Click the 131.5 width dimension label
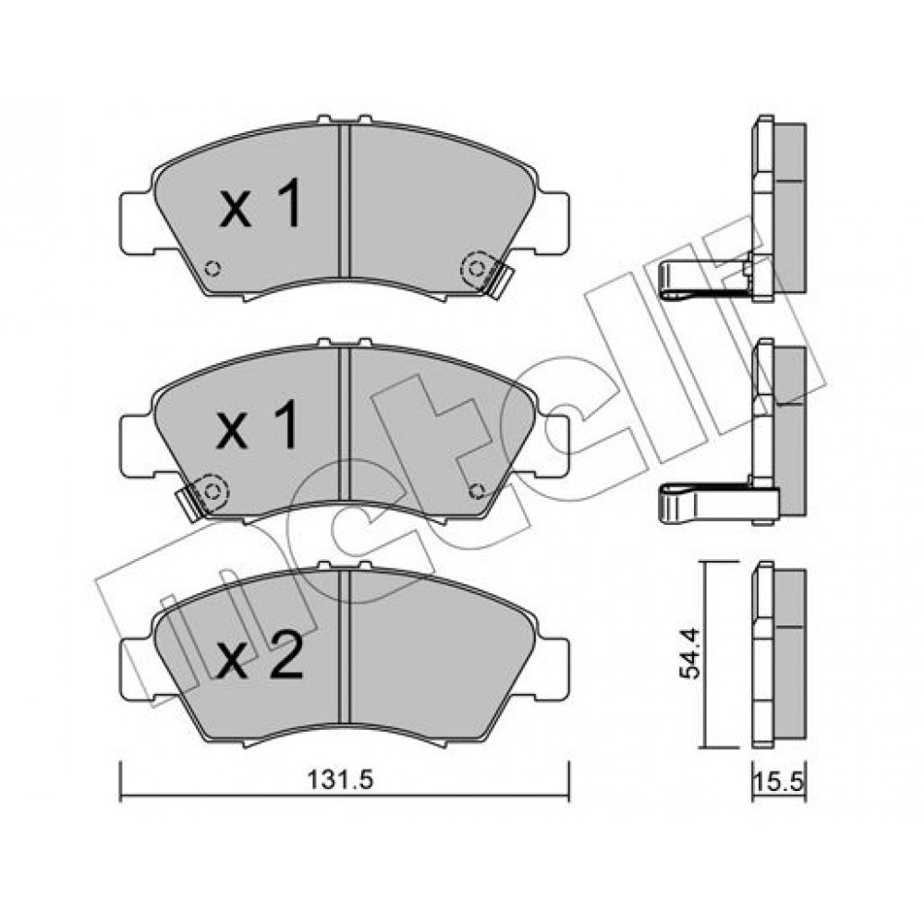[x=341, y=781]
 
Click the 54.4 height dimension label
[x=690, y=653]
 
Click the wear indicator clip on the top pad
[x=487, y=273]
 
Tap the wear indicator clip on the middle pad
[x=204, y=495]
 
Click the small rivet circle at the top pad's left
[x=213, y=269]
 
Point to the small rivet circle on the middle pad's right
[x=478, y=491]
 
